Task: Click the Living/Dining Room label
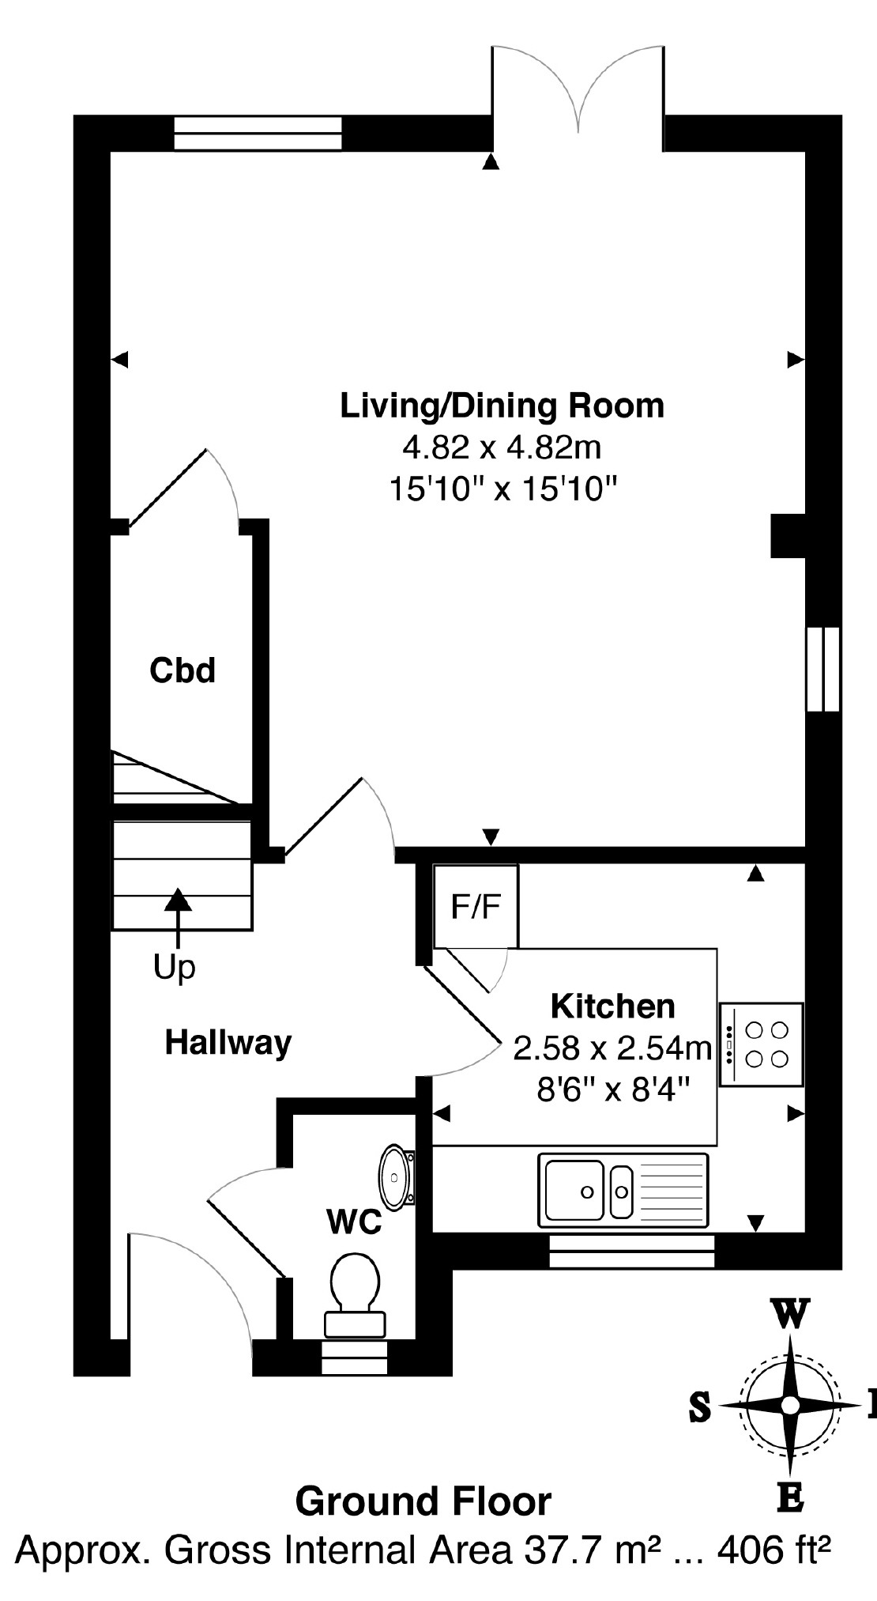502,406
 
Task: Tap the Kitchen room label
613,1006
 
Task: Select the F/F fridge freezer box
476,907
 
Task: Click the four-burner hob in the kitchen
762,1044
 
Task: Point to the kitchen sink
623,1191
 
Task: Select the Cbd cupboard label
183,670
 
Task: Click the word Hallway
228,1043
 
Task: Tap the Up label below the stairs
175,968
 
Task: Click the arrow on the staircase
178,917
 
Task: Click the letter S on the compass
700,1407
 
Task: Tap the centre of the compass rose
790,1405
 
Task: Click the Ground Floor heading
423,1501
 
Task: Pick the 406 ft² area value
773,1550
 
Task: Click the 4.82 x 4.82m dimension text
502,448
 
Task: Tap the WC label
355,1222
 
